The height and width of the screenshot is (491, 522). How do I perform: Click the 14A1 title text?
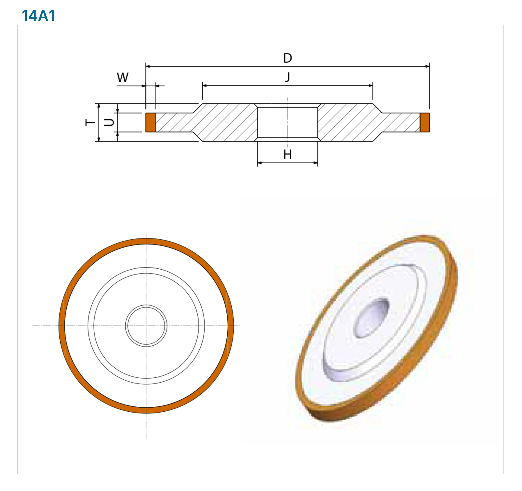click(x=38, y=16)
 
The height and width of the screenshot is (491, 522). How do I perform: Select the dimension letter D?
click(x=287, y=58)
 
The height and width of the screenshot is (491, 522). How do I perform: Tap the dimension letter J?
click(x=287, y=77)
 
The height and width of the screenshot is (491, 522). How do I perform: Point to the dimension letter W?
click(x=123, y=78)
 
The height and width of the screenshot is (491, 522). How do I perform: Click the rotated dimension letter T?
click(x=90, y=122)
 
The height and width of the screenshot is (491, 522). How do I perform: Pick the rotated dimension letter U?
click(x=109, y=122)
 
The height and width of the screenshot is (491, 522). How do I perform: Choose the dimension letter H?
click(x=287, y=154)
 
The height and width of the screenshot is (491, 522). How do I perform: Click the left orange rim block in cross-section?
click(x=150, y=122)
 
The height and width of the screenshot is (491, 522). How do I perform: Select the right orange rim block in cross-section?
click(x=424, y=122)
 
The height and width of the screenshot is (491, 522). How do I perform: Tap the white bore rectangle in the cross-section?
click(x=287, y=122)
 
